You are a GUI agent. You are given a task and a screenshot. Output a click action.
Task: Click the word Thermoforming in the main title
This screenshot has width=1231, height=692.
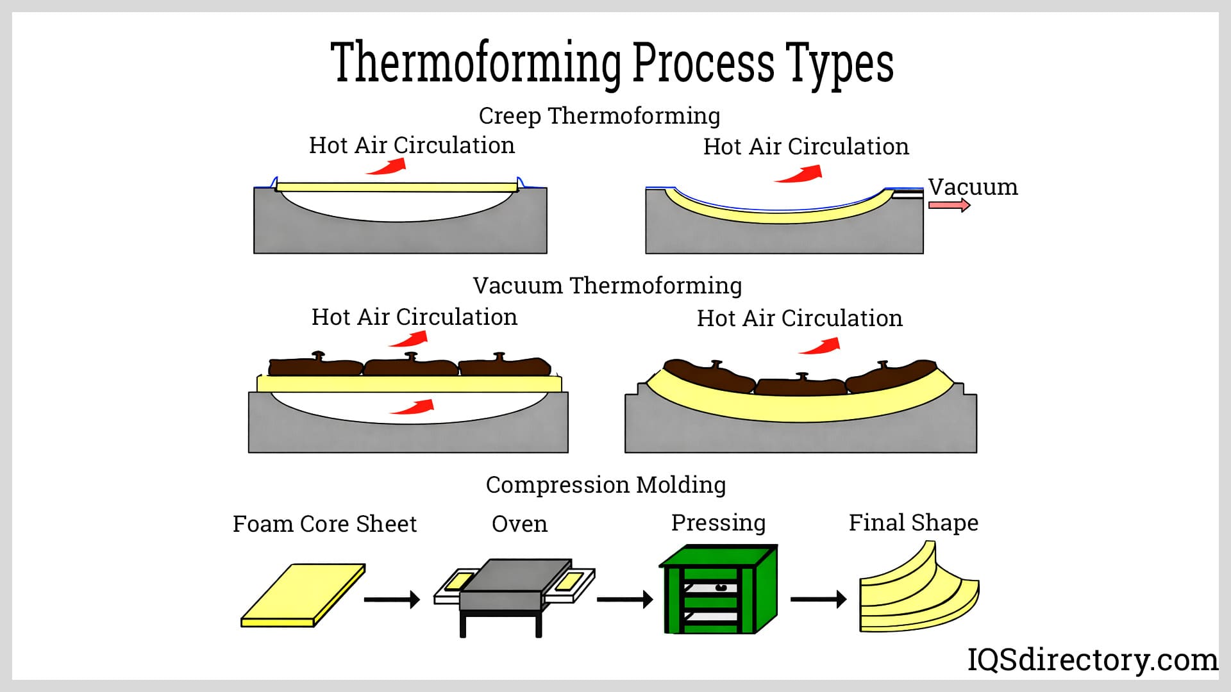click(x=476, y=63)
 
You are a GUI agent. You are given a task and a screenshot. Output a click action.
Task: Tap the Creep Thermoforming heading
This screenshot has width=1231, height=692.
click(x=599, y=116)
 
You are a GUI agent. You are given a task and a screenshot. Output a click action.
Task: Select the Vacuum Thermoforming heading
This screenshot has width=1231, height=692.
click(x=607, y=285)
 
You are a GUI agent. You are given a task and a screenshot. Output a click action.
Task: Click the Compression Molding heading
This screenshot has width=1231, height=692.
click(x=606, y=485)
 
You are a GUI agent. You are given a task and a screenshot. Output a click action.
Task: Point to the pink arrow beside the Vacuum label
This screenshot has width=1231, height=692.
click(x=949, y=205)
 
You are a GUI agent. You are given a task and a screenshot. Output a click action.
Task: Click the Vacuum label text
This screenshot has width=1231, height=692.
click(x=973, y=187)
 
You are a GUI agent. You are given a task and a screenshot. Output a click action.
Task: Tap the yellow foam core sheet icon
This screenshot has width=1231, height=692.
click(x=303, y=595)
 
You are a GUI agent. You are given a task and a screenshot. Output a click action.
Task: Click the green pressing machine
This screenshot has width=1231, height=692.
click(x=718, y=589)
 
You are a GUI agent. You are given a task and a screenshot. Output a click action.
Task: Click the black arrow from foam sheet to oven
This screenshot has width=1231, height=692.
click(x=392, y=600)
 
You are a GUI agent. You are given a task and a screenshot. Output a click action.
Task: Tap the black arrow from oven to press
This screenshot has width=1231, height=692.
click(x=624, y=600)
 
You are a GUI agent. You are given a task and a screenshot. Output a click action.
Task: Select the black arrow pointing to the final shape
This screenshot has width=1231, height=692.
click(x=818, y=600)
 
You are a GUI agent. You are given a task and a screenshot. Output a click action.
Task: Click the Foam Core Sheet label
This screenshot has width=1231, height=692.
click(x=324, y=524)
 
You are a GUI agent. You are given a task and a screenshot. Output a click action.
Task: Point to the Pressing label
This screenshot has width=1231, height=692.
click(x=718, y=523)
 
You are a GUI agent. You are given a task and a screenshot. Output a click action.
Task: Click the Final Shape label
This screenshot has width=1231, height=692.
click(x=914, y=523)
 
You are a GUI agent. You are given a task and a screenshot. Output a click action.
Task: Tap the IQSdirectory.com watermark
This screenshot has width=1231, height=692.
click(x=1092, y=660)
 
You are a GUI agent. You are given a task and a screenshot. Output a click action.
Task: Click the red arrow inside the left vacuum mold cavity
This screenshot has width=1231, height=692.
click(x=414, y=407)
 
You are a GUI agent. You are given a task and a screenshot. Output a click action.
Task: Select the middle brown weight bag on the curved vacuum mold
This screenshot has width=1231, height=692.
click(x=800, y=385)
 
